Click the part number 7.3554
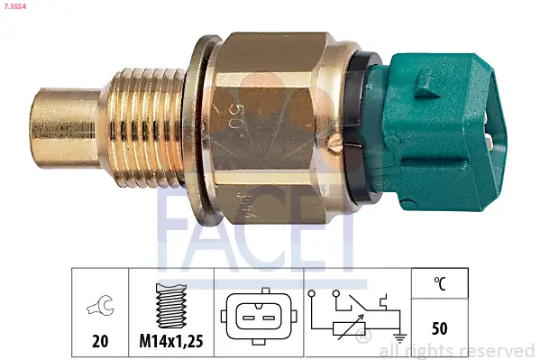(x=16, y=5)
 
